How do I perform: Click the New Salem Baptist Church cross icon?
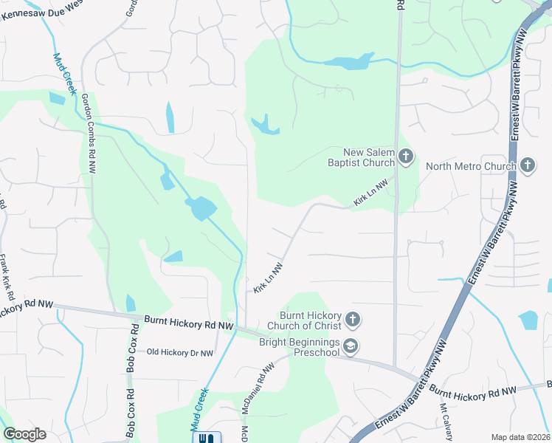click(406, 156)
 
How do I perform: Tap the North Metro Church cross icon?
click(527, 165)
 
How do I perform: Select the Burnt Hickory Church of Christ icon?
click(353, 320)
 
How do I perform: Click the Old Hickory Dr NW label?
click(179, 353)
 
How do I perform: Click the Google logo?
click(24, 434)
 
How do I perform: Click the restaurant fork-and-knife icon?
click(206, 438)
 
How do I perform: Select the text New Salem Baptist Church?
click(362, 157)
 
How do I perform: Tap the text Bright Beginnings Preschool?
click(299, 346)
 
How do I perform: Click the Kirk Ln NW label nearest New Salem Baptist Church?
click(370, 193)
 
